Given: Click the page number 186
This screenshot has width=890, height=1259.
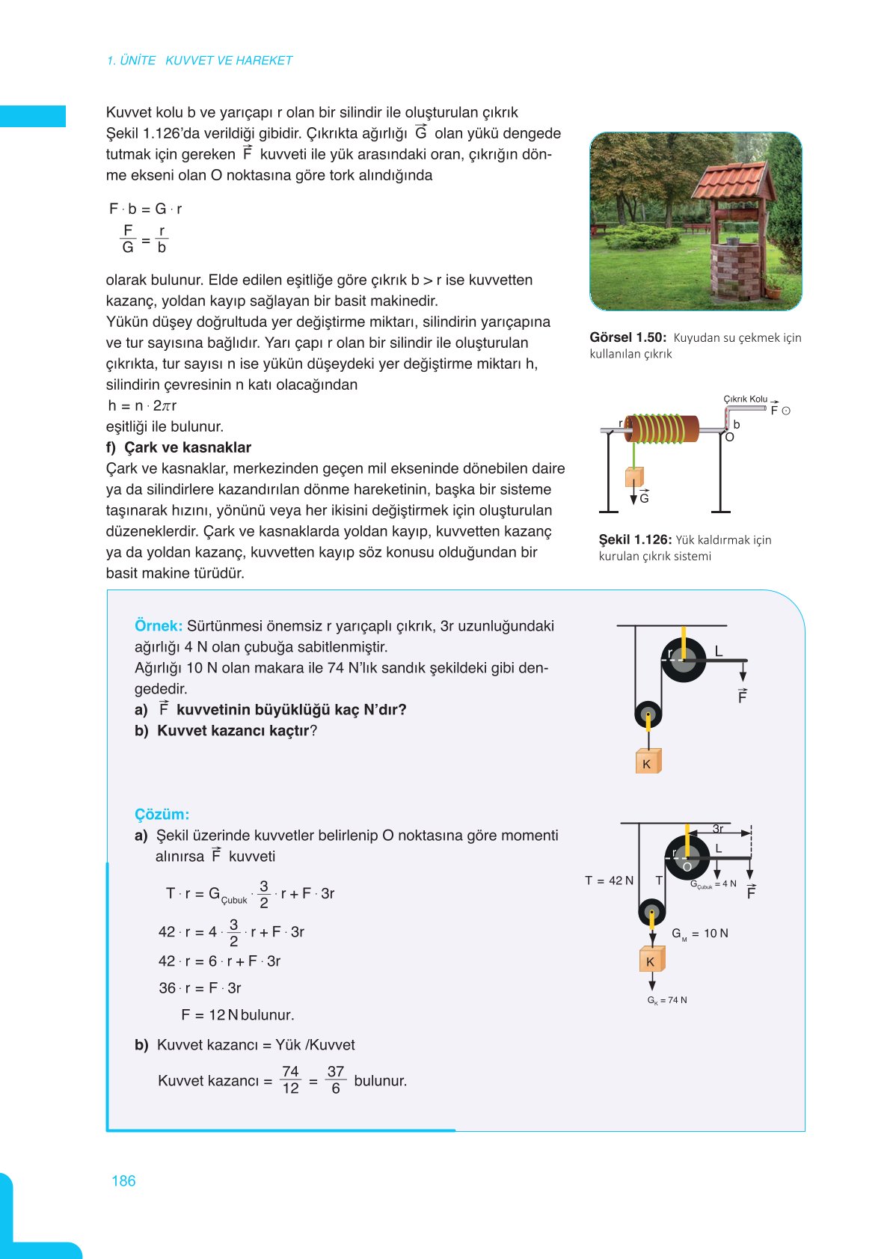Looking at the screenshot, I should tap(123, 1180).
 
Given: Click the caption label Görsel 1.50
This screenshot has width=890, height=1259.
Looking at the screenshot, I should tap(627, 337).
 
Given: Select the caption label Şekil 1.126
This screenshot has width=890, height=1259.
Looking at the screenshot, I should tap(634, 539).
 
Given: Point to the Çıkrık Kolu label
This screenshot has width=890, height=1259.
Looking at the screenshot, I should tap(745, 399).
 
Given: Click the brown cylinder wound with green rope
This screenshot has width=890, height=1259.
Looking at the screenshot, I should tap(661, 429).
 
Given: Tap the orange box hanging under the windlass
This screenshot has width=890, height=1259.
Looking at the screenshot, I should tap(634, 477).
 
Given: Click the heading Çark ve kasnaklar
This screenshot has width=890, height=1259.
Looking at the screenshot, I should tap(187, 447).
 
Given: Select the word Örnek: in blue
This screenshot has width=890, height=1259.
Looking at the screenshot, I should tap(158, 625).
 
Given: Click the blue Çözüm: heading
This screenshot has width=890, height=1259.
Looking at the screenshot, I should tap(162, 814).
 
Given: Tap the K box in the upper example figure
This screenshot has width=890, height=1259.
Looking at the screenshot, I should tap(647, 763).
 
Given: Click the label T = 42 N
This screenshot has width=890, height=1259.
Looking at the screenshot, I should tap(609, 880).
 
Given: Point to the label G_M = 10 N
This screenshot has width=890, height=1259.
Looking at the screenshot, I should tap(699, 934).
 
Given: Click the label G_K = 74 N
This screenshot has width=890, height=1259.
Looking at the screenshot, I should tap(666, 1000).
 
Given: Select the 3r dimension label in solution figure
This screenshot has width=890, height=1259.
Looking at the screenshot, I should tap(718, 829).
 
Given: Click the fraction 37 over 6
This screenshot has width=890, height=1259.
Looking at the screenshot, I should tap(336, 1080).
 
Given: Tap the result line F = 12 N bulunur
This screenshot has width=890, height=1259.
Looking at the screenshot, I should tap(237, 1014).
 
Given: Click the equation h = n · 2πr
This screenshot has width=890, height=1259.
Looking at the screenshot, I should tap(142, 405).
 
